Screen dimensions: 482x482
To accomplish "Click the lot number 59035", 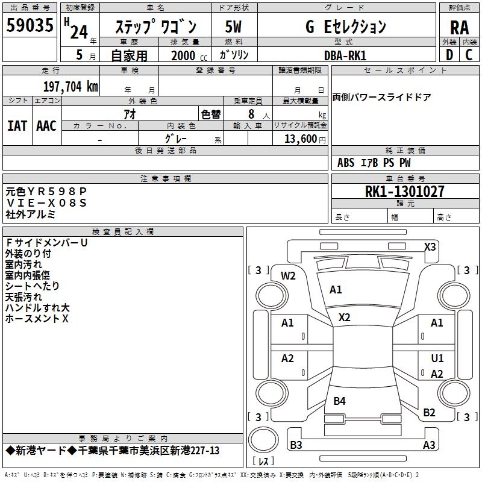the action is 30,25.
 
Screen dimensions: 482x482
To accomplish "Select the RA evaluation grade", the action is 459,28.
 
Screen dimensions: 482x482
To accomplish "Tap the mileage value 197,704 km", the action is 70,86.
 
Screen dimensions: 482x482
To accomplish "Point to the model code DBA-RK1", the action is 345,55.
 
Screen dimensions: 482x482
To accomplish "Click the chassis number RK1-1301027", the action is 404,191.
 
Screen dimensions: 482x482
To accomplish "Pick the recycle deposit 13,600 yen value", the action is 305,139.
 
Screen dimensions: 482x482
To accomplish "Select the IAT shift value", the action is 17,126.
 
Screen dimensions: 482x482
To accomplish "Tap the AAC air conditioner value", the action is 46,126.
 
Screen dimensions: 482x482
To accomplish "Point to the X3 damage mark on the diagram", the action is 430,247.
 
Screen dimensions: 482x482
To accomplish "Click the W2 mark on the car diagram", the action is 288,276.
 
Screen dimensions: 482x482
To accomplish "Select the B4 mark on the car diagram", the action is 339,401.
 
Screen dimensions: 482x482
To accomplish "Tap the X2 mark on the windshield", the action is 344,318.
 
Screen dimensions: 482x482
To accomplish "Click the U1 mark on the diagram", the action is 437,358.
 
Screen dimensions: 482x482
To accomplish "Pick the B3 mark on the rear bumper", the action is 296,445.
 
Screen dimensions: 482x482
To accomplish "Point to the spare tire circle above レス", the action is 263,439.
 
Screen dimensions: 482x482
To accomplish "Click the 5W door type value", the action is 233,27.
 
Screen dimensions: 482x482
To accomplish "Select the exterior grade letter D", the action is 449,55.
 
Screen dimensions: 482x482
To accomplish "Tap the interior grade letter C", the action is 469,55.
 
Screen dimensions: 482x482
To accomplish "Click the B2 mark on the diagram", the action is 429,412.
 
